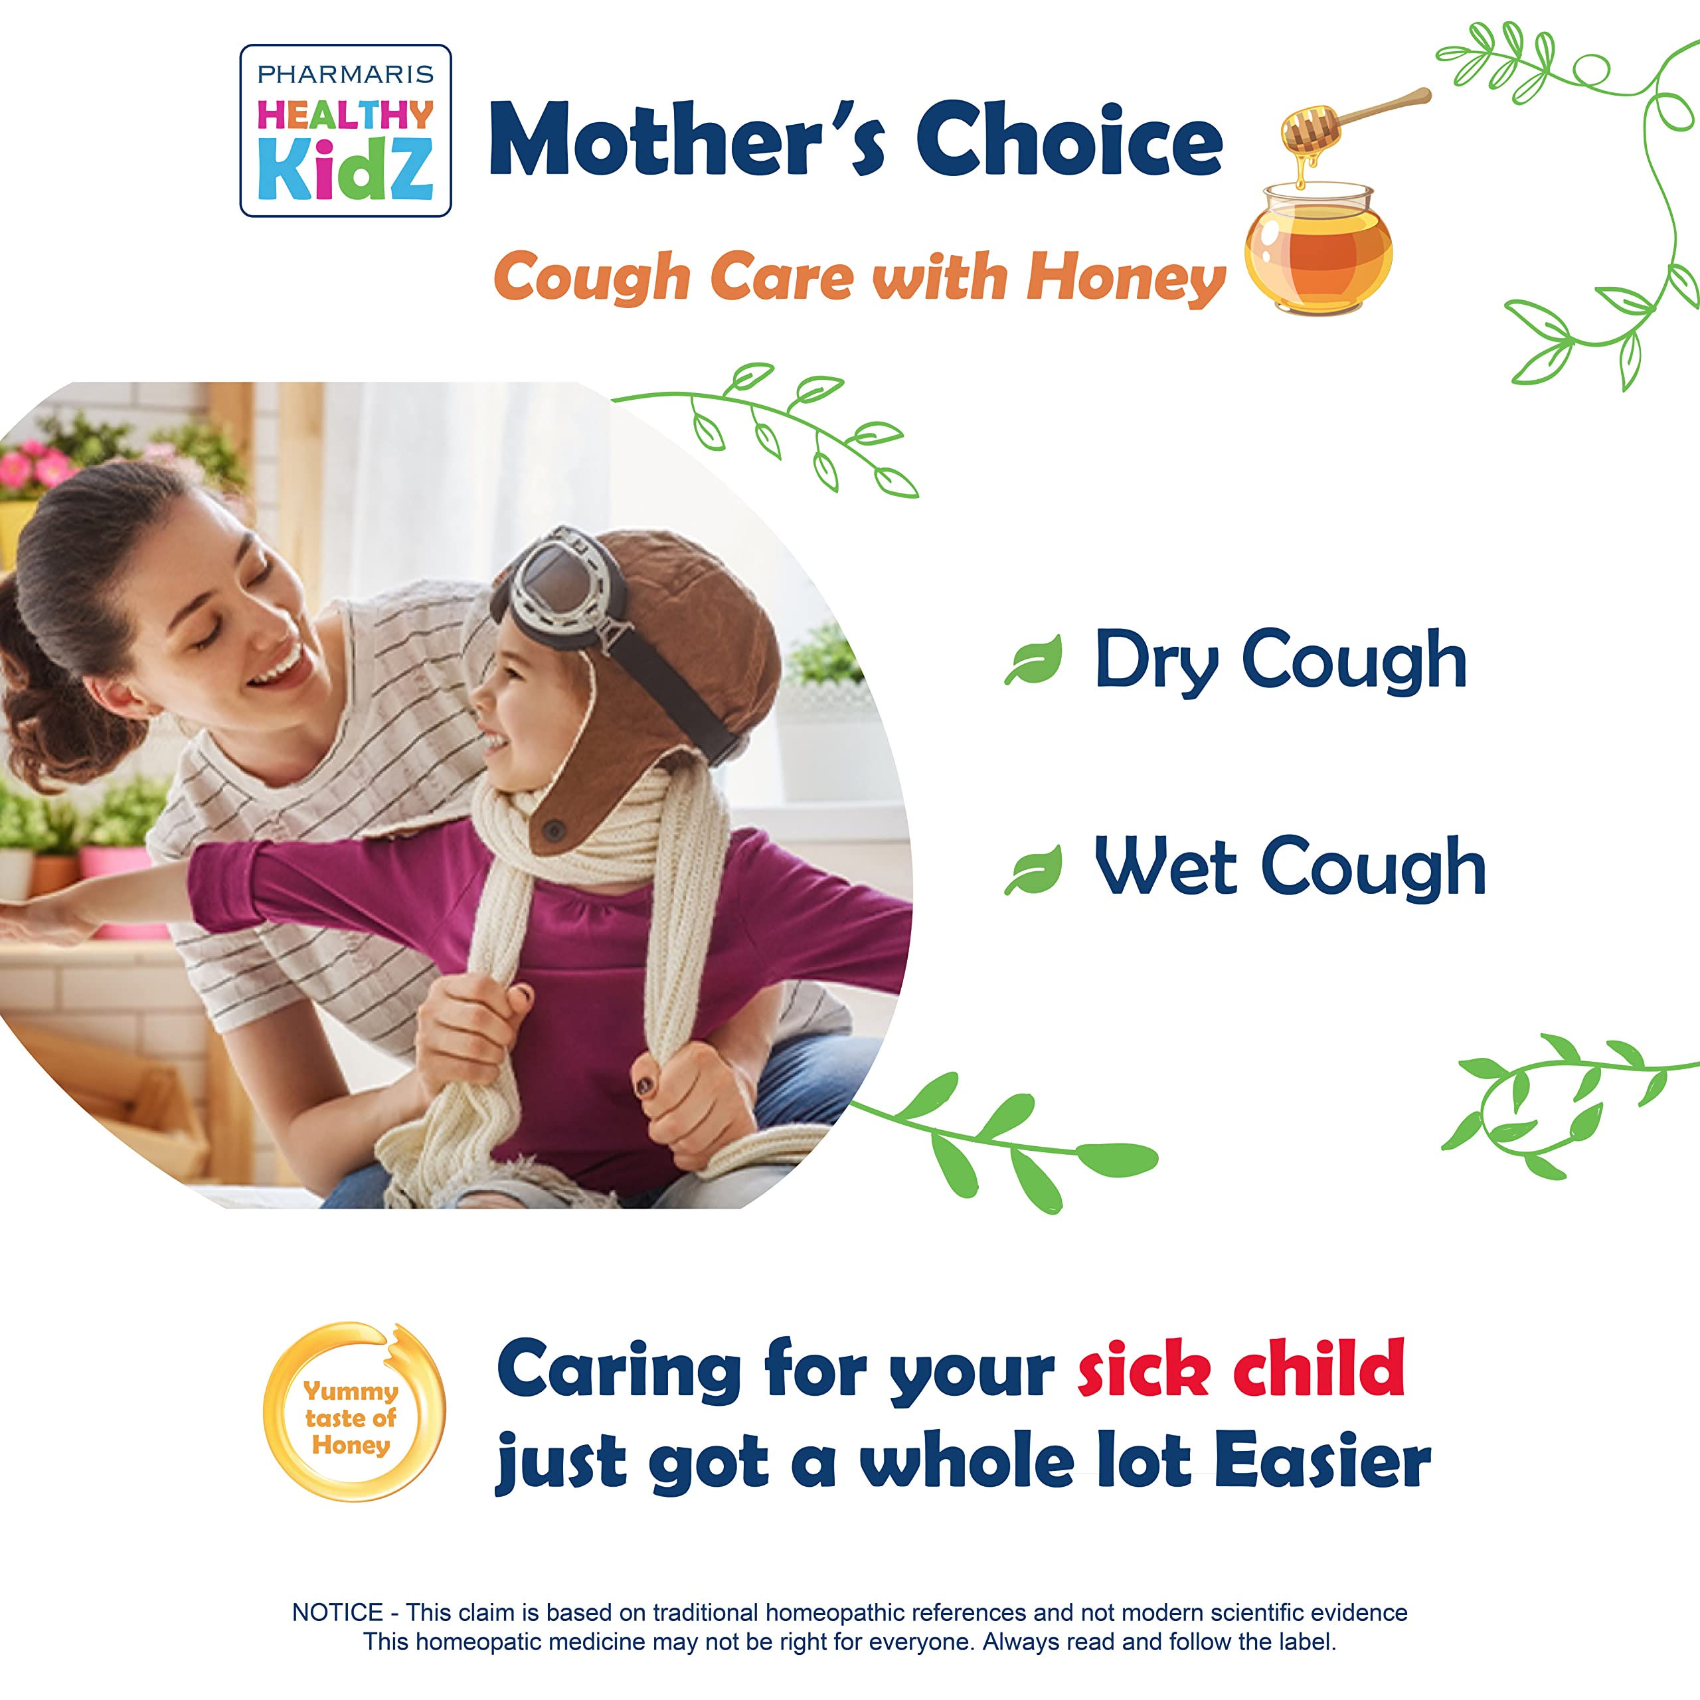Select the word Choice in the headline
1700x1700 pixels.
(x=1068, y=141)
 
